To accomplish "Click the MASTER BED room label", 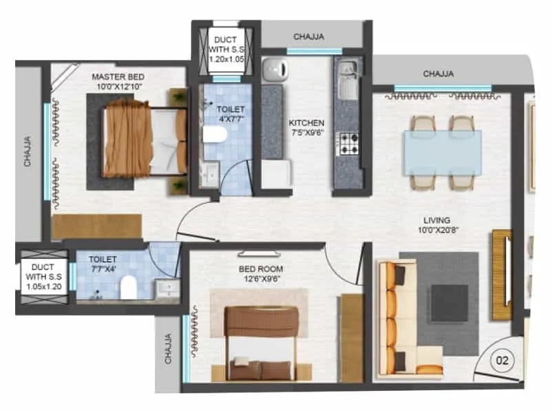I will (x=114, y=77).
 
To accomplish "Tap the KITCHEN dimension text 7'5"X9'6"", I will (x=306, y=134).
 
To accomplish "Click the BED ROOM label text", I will (x=260, y=268).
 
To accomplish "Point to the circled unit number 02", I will (x=503, y=359).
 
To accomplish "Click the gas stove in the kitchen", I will (x=348, y=142).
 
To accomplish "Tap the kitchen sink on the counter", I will (x=346, y=70).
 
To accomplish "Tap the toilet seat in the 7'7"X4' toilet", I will (x=129, y=288).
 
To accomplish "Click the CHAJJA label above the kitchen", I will (x=310, y=36).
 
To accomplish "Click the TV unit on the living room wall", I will (x=502, y=274).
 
